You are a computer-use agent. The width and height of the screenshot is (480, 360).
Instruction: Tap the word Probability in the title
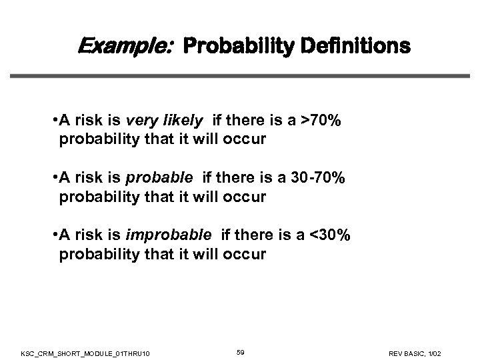pos(231,47)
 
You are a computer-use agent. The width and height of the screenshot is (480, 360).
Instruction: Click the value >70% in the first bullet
pos(323,121)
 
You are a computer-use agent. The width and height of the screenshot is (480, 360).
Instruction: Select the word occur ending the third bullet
pos(247,255)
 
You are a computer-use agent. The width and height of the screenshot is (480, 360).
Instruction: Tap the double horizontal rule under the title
pos(239,75)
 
